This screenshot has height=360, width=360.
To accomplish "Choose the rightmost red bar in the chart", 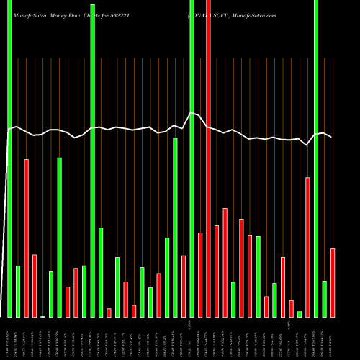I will point(333,282).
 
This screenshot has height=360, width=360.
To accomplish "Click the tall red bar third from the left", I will point(26,238).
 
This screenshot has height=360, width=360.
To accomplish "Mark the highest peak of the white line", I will point(192,113).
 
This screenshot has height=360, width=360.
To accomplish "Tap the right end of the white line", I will point(332,137).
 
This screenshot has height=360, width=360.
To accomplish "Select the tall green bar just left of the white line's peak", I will point(175,227).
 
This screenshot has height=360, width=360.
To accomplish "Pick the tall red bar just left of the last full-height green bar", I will point(307,247).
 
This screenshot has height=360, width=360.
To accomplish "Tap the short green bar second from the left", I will point(18,291).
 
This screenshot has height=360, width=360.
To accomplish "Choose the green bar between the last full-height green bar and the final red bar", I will point(324,299).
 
